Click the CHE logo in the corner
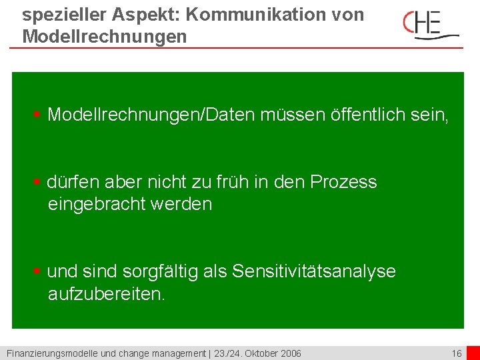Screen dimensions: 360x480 [431, 25]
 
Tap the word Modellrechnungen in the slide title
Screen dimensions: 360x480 [105, 36]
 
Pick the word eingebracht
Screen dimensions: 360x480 [96, 204]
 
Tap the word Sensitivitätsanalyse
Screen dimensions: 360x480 [313, 271]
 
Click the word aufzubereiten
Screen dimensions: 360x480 [105, 294]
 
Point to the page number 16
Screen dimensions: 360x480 [457, 353]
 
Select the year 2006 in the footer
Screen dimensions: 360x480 [290, 353]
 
